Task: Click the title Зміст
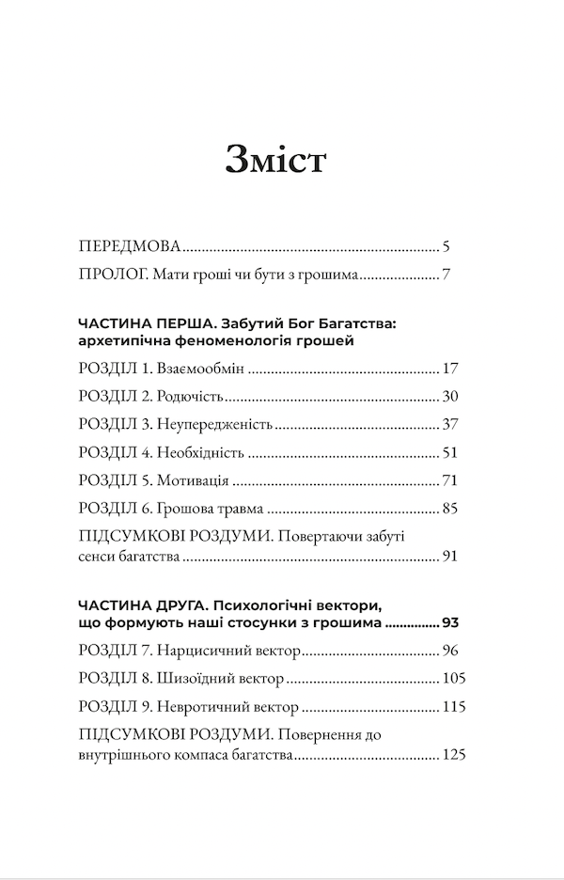pos(275,161)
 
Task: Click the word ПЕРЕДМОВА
pos(129,249)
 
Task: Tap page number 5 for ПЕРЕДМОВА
pos(448,249)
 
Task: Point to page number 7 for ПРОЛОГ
pos(448,277)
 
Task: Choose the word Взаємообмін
pos(202,368)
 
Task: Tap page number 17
pos(448,368)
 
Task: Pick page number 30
pos(448,396)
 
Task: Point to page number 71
pos(448,480)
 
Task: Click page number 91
pos(448,558)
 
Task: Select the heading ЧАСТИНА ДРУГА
pos(137,604)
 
